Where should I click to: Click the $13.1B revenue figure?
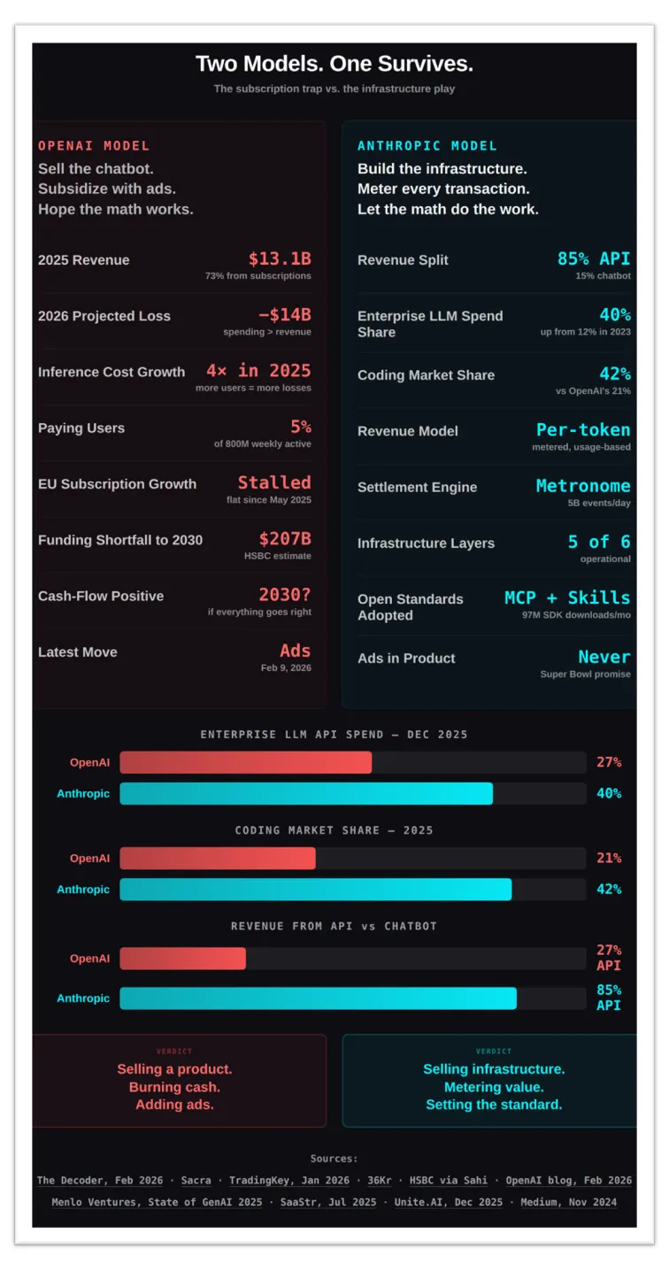pyautogui.click(x=279, y=258)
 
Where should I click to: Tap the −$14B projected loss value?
pyautogui.click(x=284, y=315)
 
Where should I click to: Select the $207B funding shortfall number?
pyautogui.click(x=284, y=539)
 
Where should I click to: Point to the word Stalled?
pyautogui.click(x=274, y=482)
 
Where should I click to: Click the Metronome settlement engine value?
pyautogui.click(x=583, y=486)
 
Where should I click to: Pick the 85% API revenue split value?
pyautogui.click(x=593, y=258)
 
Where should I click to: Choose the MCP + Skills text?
pyautogui.click(x=567, y=597)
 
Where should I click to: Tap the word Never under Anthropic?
pyautogui.click(x=604, y=657)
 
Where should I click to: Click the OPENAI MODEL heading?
pyautogui.click(x=94, y=146)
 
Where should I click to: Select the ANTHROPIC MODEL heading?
pyautogui.click(x=427, y=146)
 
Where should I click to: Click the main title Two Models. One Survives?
pyautogui.click(x=334, y=64)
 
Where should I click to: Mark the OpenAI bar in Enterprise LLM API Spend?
pyautogui.click(x=246, y=762)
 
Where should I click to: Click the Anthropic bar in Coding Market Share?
pyautogui.click(x=315, y=890)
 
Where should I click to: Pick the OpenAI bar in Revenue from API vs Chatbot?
pyautogui.click(x=182, y=959)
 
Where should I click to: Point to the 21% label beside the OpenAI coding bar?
pyautogui.click(x=608, y=858)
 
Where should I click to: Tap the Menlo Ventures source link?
pyautogui.click(x=156, y=1202)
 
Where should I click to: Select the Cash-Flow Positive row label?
pyautogui.click(x=101, y=597)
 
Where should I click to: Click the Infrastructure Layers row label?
pyautogui.click(x=426, y=543)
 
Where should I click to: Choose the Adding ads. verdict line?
pyautogui.click(x=174, y=1105)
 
